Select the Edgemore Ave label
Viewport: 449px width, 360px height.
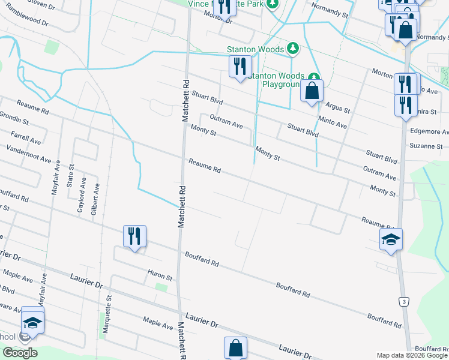429,131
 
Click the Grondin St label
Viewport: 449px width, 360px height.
14,118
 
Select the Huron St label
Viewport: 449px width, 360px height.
160,278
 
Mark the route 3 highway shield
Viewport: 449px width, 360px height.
405,300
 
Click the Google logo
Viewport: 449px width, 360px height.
19,353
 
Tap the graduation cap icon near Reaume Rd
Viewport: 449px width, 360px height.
391,239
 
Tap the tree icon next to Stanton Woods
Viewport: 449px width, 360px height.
292,47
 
